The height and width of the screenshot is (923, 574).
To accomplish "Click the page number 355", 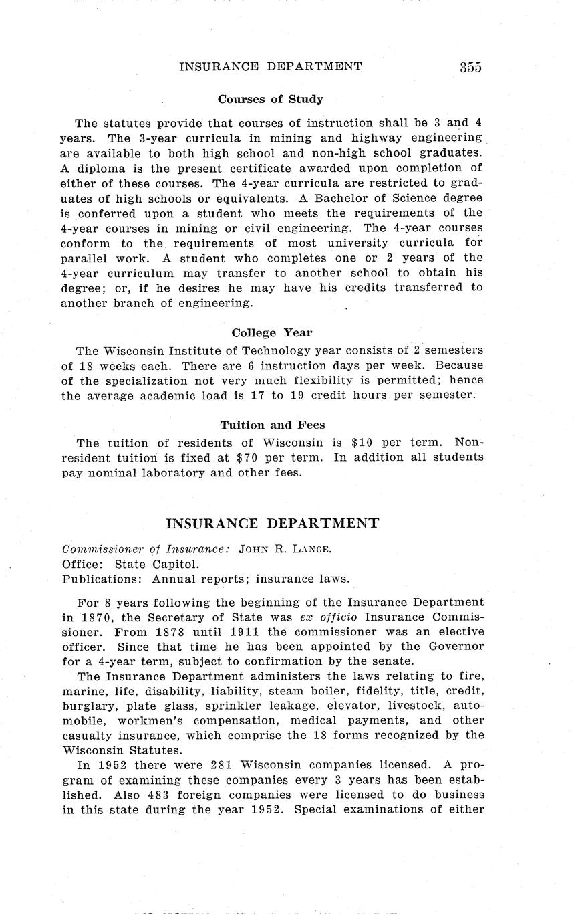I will (x=470, y=67).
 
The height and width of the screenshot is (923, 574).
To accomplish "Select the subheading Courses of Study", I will (x=270, y=99).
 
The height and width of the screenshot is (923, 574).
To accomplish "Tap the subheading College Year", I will (x=271, y=332).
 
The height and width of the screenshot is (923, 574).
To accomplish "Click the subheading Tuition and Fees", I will (x=273, y=425).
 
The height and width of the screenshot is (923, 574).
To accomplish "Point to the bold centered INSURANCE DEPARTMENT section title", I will (x=272, y=523).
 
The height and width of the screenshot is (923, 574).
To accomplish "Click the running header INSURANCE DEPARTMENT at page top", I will (x=271, y=66).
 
